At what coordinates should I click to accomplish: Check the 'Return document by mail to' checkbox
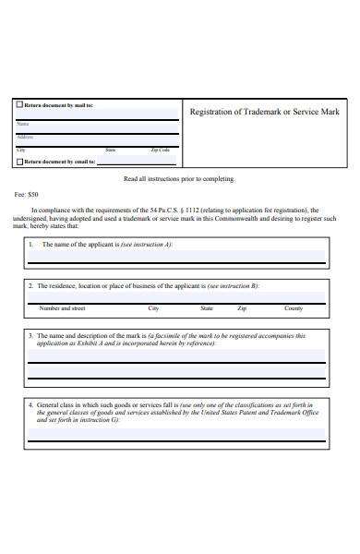click(x=20, y=105)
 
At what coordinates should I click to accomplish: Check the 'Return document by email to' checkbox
click(x=20, y=162)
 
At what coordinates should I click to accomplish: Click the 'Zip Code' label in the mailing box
click(x=161, y=149)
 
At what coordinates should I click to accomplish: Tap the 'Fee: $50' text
click(x=27, y=195)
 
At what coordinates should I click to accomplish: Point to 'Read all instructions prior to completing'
click(x=179, y=179)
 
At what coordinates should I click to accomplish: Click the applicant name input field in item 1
click(x=175, y=256)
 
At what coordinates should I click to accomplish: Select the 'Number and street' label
click(x=62, y=308)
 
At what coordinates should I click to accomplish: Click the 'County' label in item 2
click(x=294, y=308)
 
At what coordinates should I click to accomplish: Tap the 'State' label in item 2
click(x=207, y=308)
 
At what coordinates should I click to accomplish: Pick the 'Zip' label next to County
click(x=242, y=308)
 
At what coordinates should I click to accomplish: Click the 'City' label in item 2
click(x=153, y=308)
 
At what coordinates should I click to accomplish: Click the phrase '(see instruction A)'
click(x=147, y=244)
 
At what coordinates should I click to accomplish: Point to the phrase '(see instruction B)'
click(x=233, y=286)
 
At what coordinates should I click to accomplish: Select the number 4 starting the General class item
click(x=30, y=404)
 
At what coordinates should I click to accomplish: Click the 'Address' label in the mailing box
click(x=25, y=136)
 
